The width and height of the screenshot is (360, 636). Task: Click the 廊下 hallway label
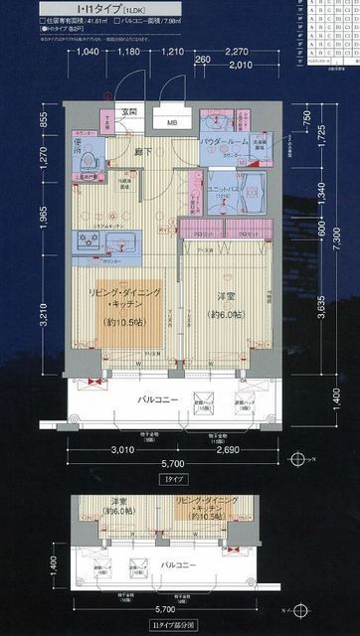[144, 151]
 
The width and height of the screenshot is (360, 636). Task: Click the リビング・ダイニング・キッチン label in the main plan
[122, 298]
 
